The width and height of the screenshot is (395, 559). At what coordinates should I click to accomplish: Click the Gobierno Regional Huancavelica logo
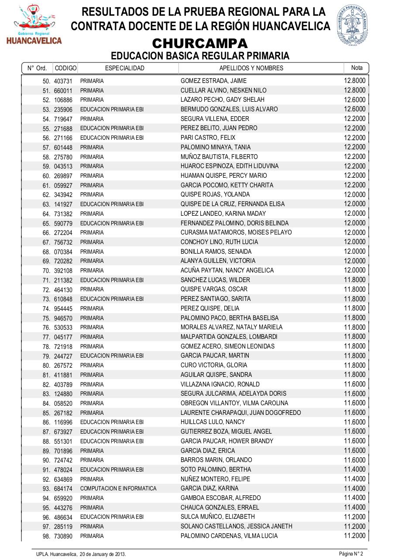(34, 25)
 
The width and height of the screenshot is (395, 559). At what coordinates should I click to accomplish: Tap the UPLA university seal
(352, 25)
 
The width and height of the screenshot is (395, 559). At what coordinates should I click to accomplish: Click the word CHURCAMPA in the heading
(200, 44)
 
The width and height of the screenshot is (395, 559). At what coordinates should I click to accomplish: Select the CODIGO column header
(65, 68)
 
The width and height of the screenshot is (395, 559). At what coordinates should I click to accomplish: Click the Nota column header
(357, 68)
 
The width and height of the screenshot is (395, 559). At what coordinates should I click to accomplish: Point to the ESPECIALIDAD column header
(125, 68)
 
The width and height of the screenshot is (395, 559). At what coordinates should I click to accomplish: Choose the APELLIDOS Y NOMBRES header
(251, 68)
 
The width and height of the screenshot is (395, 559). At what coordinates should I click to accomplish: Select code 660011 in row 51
(63, 90)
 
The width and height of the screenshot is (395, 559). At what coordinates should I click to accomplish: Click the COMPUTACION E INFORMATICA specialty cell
(118, 489)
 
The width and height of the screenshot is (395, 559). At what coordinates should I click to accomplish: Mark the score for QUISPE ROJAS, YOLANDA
(354, 194)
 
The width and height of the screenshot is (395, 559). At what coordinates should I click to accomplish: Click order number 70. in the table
(46, 271)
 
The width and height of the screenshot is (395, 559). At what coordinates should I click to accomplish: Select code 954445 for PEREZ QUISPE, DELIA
(63, 309)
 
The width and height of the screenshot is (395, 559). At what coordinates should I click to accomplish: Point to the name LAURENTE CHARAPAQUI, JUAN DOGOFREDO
(240, 413)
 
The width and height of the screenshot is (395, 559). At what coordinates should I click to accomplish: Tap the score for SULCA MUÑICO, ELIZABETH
(354, 517)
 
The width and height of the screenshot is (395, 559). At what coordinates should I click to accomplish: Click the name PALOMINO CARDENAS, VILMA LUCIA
(229, 536)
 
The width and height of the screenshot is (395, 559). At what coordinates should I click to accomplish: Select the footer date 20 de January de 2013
(103, 554)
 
